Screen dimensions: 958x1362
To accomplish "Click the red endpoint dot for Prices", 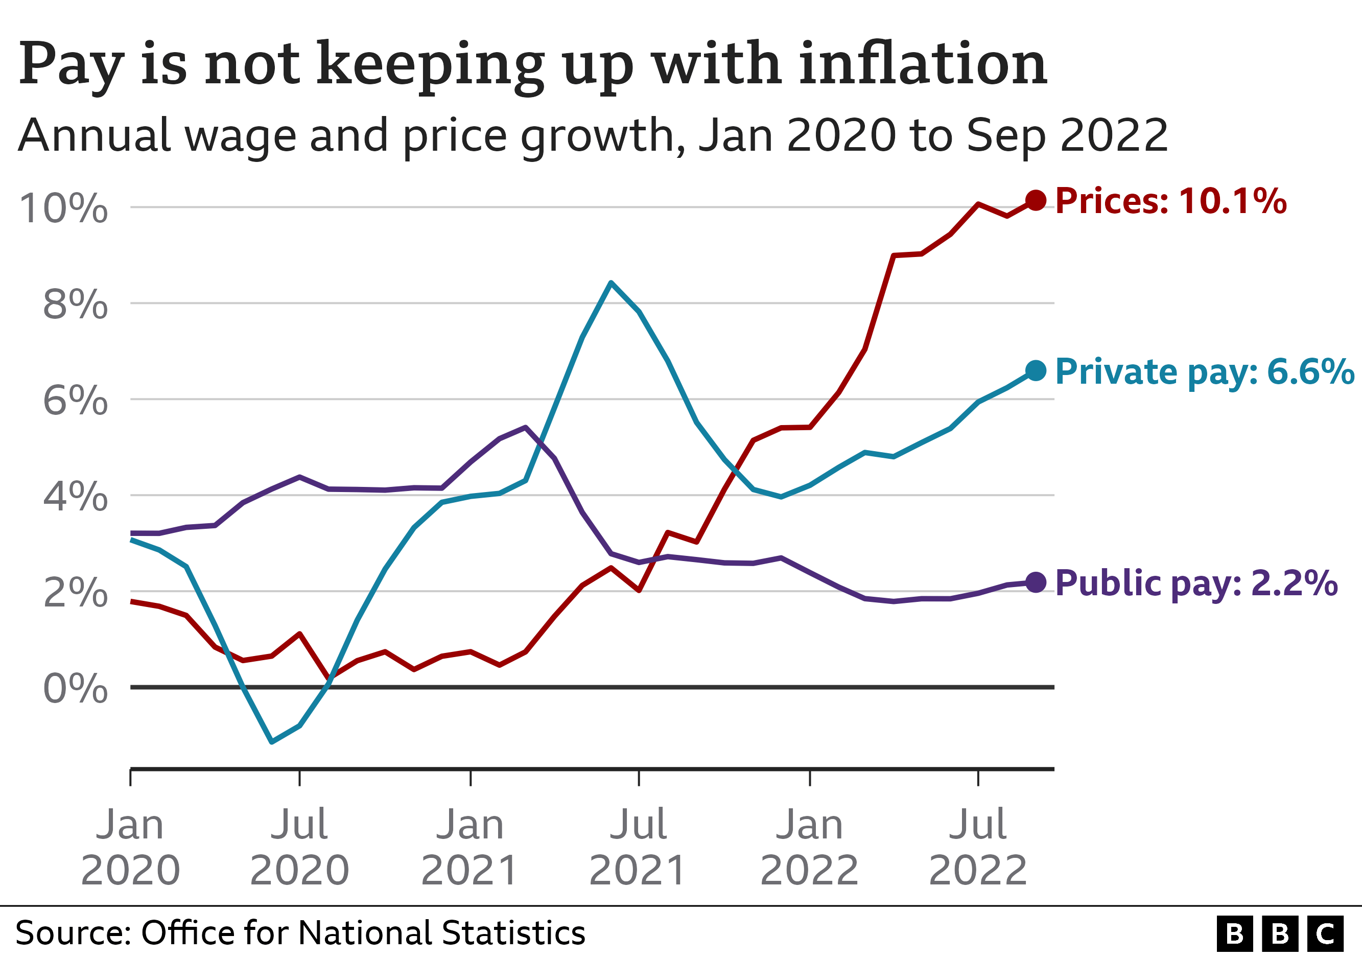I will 1035,200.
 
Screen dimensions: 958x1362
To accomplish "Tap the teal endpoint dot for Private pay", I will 1035,371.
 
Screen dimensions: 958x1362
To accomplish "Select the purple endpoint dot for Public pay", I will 1035,582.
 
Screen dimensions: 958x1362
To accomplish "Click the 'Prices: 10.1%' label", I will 1170,200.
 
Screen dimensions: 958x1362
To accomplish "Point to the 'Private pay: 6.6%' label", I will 1204,372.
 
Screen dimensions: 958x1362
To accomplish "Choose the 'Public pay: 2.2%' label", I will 1196,583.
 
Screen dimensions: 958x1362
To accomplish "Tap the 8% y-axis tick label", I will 75,305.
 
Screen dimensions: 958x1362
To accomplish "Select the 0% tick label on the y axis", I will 75,689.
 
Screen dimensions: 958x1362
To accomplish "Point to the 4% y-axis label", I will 75,497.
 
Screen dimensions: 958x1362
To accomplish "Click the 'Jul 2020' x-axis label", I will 299,847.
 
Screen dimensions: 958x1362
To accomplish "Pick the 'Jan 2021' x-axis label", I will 470,847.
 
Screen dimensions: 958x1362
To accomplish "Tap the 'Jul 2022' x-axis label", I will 978,847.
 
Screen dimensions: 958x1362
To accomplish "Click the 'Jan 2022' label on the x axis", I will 809,847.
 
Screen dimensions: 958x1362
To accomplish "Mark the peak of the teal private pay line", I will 611,283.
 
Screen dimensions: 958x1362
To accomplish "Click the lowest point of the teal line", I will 272,741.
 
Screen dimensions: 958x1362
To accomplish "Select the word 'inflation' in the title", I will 923,63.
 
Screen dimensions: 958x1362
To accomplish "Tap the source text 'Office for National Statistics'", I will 362,932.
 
